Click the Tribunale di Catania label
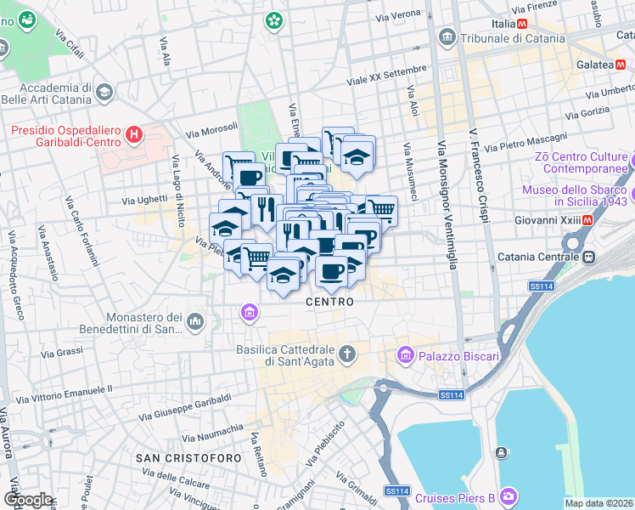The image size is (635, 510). pyautogui.click(x=512, y=38)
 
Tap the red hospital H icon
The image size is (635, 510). pyautogui.click(x=133, y=133)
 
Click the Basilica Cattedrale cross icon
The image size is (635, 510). pyautogui.click(x=346, y=353)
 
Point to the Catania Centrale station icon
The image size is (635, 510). pyautogui.click(x=587, y=256)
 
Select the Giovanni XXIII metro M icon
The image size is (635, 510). pyautogui.click(x=587, y=220)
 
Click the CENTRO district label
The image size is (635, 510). pyautogui.click(x=329, y=302)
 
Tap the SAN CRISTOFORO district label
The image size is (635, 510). pyautogui.click(x=180, y=458)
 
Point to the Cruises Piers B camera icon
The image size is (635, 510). pyautogui.click(x=509, y=496)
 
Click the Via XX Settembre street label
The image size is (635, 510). pyautogui.click(x=386, y=76)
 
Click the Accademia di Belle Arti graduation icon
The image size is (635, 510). pyautogui.click(x=104, y=91)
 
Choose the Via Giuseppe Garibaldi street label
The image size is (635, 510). pyautogui.click(x=185, y=407)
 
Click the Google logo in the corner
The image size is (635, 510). pyautogui.click(x=27, y=500)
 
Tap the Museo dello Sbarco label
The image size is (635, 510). pyautogui.click(x=574, y=195)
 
